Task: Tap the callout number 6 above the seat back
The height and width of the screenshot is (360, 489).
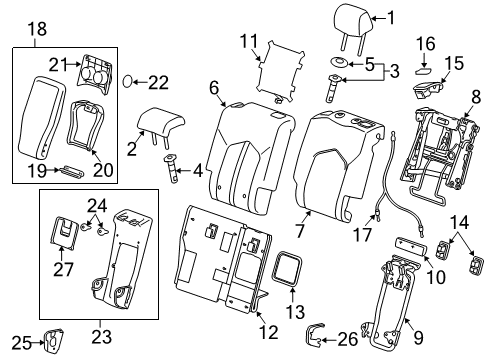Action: [x=214, y=88]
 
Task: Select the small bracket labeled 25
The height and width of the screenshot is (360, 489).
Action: [x=47, y=345]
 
